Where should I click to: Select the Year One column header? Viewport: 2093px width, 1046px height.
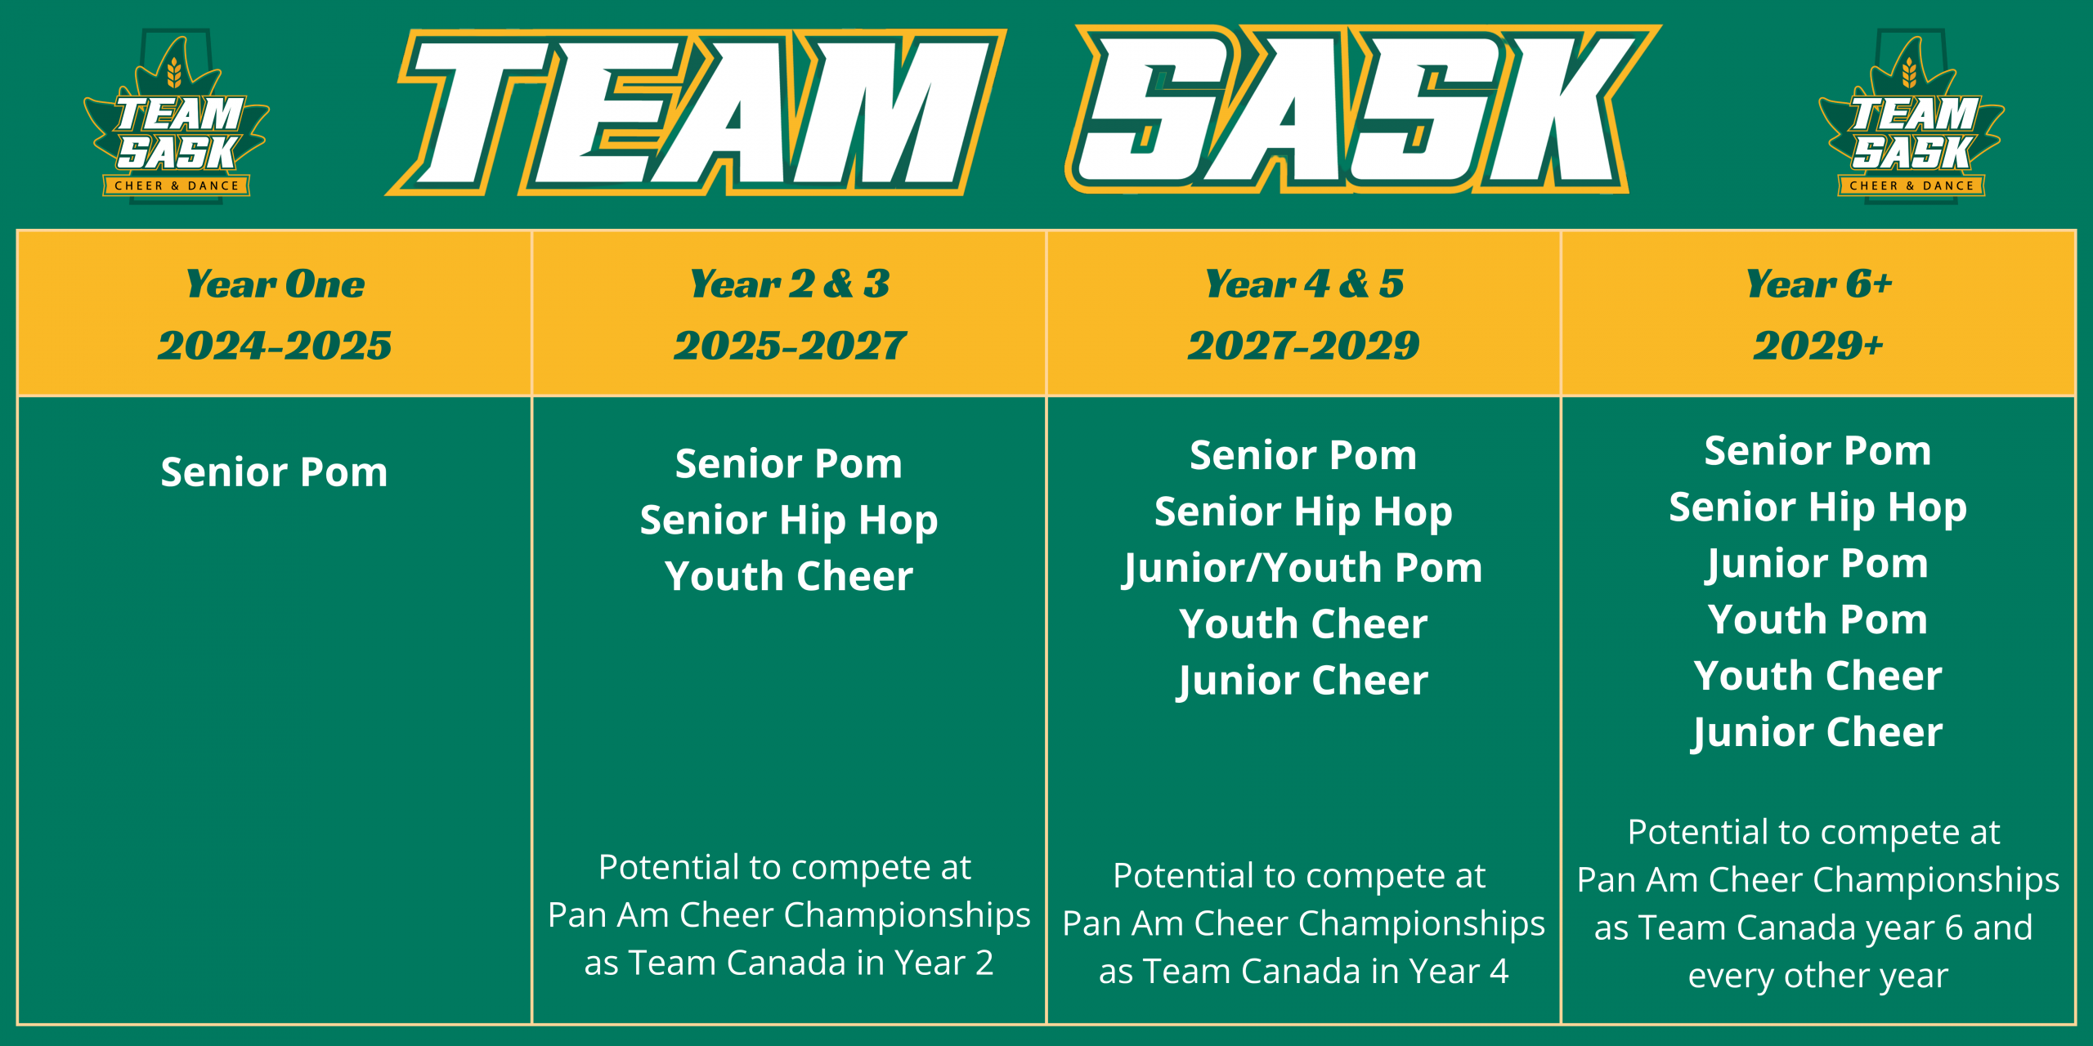pyautogui.click(x=276, y=284)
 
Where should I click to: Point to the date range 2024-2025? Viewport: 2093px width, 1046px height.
pyautogui.click(x=275, y=345)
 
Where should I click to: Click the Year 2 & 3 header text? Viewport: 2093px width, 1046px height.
pyautogui.click(x=790, y=284)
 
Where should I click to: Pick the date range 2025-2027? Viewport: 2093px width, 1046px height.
pyautogui.click(x=790, y=345)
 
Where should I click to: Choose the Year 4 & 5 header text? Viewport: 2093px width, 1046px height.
pyautogui.click(x=1304, y=284)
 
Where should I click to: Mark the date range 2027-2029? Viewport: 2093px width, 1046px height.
pyautogui.click(x=1304, y=345)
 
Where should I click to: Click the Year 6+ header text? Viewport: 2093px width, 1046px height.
pyautogui.click(x=1819, y=284)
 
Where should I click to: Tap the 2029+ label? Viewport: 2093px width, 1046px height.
pyautogui.click(x=1818, y=345)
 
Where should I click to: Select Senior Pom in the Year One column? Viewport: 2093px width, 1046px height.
pyautogui.click(x=274, y=472)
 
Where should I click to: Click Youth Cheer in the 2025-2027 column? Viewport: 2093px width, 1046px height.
pyautogui.click(x=789, y=576)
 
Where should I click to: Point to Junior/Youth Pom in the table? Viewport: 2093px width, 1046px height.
pyautogui.click(x=1303, y=569)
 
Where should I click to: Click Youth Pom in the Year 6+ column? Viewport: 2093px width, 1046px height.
pyautogui.click(x=1818, y=619)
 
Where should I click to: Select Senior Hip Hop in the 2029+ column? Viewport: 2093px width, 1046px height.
pyautogui.click(x=1818, y=508)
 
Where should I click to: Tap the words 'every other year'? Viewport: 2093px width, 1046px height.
pyautogui.click(x=1818, y=976)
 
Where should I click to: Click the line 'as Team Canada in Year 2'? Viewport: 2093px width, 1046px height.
pyautogui.click(x=789, y=963)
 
